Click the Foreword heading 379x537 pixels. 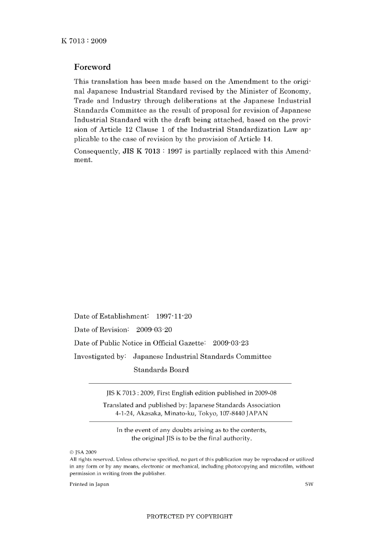click(x=92, y=67)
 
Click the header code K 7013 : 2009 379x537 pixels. click(x=84, y=41)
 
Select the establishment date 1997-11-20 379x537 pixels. click(x=174, y=316)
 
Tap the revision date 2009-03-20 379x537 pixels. click(x=154, y=330)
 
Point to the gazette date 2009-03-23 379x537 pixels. click(x=231, y=343)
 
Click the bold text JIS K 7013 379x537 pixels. click(x=141, y=151)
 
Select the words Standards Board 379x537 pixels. click(x=161, y=370)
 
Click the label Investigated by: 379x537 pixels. click(x=100, y=357)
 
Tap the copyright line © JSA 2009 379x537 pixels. click(x=83, y=452)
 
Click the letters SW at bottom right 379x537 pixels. click(x=309, y=484)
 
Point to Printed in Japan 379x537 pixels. click(x=89, y=484)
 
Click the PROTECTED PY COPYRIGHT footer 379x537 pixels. click(x=189, y=517)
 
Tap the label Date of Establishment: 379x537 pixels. click(x=111, y=316)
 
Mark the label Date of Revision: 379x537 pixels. click(x=101, y=330)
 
